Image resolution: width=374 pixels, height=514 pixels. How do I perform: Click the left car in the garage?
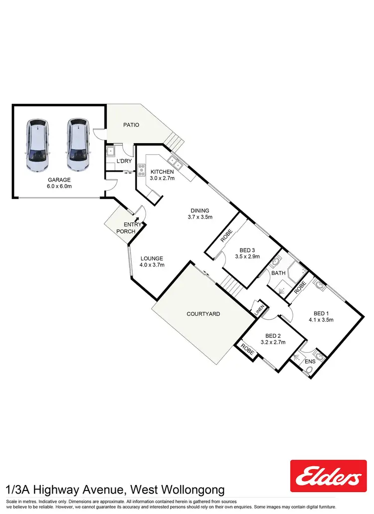click(38, 145)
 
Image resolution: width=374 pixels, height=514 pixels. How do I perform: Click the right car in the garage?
click(78, 145)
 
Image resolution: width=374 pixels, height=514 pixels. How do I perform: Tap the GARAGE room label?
click(59, 180)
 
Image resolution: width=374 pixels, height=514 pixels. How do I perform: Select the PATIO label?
click(131, 125)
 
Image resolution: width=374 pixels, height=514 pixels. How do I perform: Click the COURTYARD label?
click(203, 314)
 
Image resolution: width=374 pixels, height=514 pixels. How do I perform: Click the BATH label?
click(278, 273)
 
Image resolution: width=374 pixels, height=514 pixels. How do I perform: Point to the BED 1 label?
click(320, 313)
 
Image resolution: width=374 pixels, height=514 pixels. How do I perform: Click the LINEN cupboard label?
click(258, 308)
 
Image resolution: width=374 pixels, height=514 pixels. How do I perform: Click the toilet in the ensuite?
click(309, 370)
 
